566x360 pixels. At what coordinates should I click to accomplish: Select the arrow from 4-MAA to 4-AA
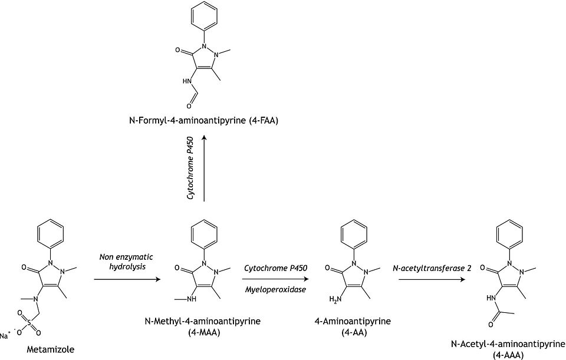[269, 278]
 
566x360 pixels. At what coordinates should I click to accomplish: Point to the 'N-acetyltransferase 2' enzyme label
[432, 268]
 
